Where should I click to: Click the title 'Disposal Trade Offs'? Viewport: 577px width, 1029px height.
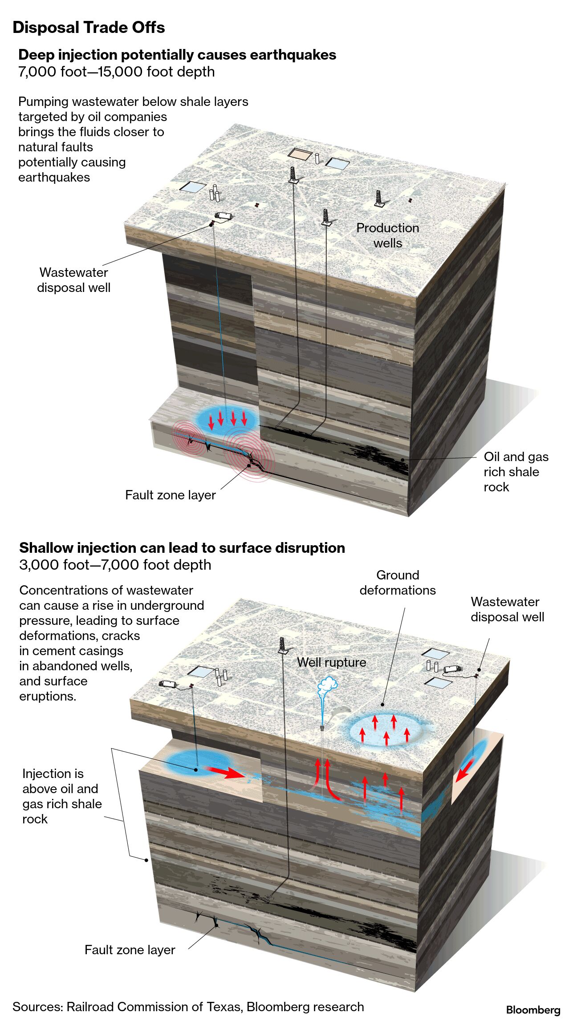[89, 28]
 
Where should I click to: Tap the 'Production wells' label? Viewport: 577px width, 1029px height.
[387, 235]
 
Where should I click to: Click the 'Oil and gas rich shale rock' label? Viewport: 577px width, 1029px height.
[516, 472]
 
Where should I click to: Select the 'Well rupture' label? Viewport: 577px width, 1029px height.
[331, 662]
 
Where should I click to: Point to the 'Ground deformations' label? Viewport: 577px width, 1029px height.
[398, 583]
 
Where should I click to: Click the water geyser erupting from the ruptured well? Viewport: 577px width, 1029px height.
[326, 692]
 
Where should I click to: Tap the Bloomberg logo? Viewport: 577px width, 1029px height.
[533, 1010]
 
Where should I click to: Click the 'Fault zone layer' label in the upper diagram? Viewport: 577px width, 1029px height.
[170, 495]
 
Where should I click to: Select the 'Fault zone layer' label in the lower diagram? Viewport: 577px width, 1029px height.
[130, 950]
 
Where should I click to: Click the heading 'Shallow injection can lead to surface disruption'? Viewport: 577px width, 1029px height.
[182, 547]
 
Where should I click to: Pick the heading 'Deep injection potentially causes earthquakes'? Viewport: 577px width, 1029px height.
[177, 55]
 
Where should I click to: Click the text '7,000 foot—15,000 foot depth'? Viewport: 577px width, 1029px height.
[116, 72]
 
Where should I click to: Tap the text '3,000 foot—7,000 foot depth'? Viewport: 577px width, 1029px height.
[115, 564]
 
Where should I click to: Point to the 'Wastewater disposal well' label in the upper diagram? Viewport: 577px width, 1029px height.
[73, 280]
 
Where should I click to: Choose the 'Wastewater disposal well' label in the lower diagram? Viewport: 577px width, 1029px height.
[507, 609]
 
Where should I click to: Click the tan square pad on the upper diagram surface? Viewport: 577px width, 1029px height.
[299, 154]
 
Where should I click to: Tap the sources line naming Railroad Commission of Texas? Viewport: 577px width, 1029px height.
[188, 1007]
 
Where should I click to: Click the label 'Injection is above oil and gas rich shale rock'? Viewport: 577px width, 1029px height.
[62, 796]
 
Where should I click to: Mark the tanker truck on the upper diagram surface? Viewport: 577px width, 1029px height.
[223, 216]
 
